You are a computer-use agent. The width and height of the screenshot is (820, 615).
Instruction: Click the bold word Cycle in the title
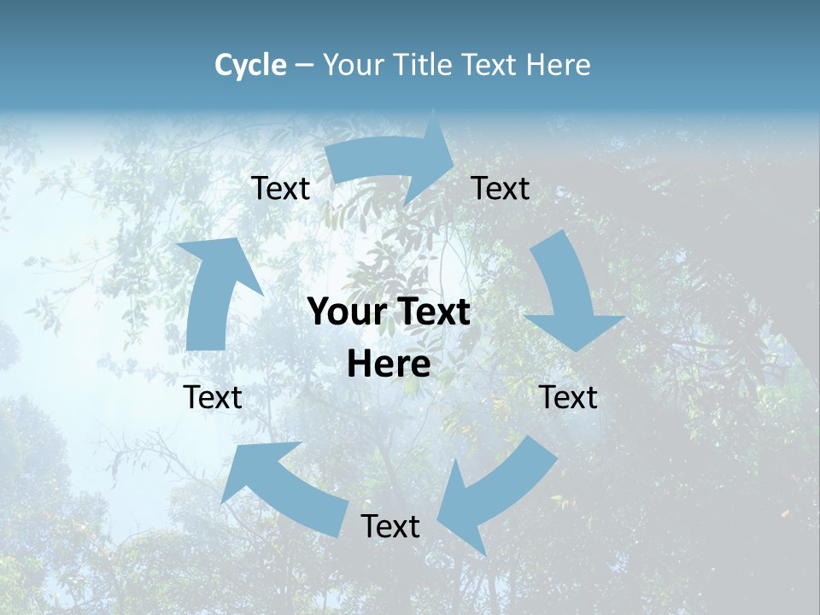coord(250,65)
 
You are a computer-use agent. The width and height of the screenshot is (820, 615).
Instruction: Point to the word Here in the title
coord(558,65)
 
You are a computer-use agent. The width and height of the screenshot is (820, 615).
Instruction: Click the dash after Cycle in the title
coord(305,65)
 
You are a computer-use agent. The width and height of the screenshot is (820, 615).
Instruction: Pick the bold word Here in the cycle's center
coord(389,365)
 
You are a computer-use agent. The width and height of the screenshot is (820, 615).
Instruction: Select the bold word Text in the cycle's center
coord(430,313)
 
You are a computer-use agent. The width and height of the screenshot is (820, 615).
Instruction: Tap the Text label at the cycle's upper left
coord(281,189)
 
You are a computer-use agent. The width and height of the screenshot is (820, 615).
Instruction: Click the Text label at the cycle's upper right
coord(501,188)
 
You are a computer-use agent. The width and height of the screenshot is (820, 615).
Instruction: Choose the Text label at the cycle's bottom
coord(390,527)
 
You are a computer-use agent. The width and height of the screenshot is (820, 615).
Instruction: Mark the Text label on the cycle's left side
coord(214,397)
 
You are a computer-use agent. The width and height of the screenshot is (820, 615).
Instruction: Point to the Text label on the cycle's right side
coord(569,397)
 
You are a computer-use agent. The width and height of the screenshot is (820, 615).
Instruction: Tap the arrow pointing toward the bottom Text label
coord(495,491)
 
